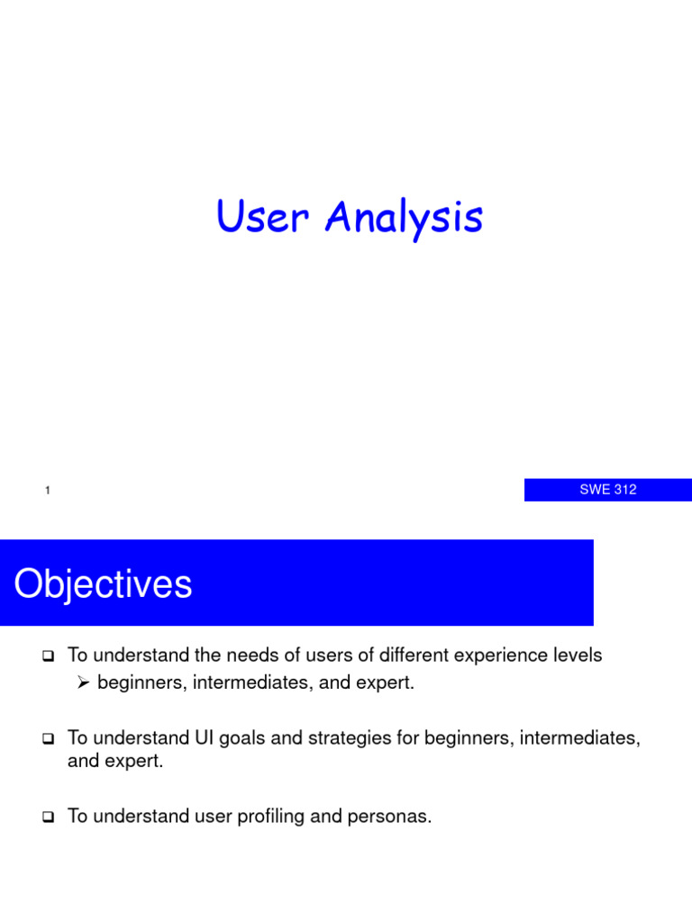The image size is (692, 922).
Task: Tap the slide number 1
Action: click(46, 491)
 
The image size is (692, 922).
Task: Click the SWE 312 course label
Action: click(607, 490)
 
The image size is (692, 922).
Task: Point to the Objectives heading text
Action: click(103, 584)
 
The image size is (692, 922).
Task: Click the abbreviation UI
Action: click(204, 738)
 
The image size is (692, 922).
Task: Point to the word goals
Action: click(244, 738)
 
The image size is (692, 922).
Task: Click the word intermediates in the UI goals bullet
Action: click(583, 738)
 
